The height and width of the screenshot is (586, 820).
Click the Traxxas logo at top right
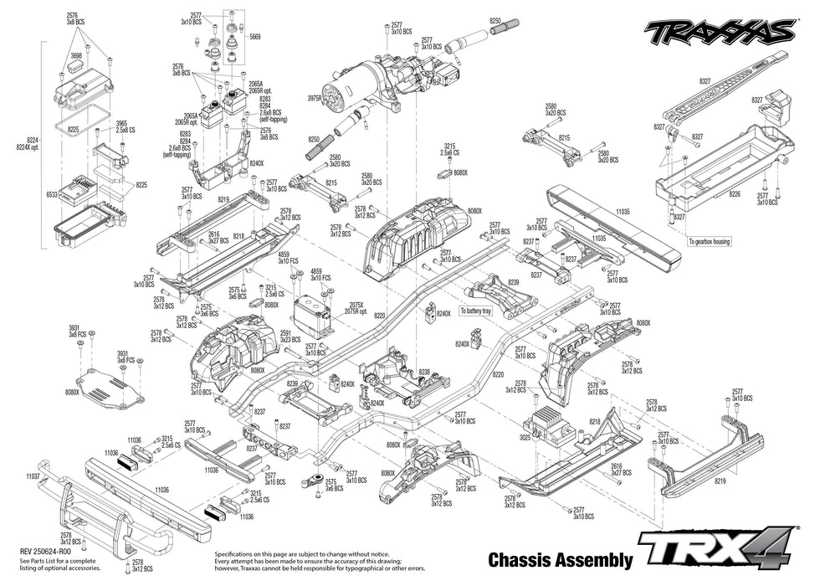click(x=719, y=31)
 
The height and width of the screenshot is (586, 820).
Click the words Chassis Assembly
click(x=558, y=559)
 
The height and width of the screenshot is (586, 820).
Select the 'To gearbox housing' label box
click(x=710, y=241)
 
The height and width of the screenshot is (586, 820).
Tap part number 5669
click(x=254, y=37)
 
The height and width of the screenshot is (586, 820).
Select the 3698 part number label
click(x=76, y=54)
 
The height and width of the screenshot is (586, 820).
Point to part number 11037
click(x=33, y=475)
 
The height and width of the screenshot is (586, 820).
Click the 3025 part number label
click(x=524, y=436)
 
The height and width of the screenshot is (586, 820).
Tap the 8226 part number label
click(x=734, y=193)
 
